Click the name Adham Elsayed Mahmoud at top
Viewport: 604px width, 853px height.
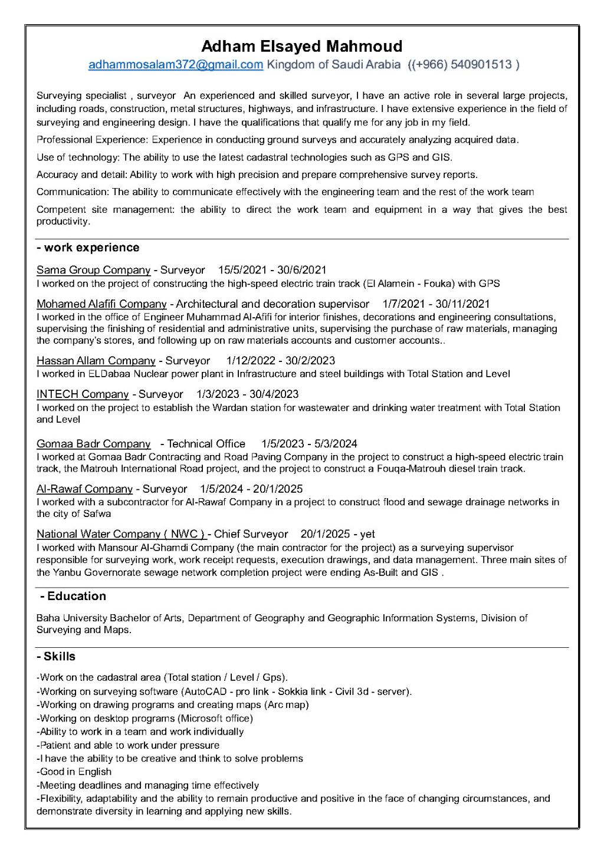(x=301, y=46)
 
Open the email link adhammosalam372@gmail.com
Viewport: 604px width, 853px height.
(x=175, y=65)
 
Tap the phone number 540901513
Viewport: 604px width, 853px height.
(x=481, y=65)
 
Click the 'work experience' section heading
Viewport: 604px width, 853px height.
(x=91, y=248)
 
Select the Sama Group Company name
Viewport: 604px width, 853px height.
(x=93, y=270)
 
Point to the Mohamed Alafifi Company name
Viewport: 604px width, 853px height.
(x=101, y=304)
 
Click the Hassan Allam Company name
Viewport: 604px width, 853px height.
(x=96, y=361)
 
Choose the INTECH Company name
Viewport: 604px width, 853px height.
(x=83, y=394)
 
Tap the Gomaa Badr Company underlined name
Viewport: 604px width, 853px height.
(x=93, y=444)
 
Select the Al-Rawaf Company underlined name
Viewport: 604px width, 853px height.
(x=84, y=489)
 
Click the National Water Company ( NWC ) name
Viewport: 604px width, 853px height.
(x=121, y=534)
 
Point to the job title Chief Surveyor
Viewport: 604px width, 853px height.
(x=251, y=534)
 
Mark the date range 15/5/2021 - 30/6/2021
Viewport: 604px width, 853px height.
(x=272, y=270)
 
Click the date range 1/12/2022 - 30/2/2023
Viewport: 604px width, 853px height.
(x=280, y=361)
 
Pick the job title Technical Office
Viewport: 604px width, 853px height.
(x=206, y=444)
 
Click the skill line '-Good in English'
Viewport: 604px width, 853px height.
(x=74, y=772)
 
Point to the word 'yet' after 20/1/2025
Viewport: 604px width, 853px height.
(x=367, y=534)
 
